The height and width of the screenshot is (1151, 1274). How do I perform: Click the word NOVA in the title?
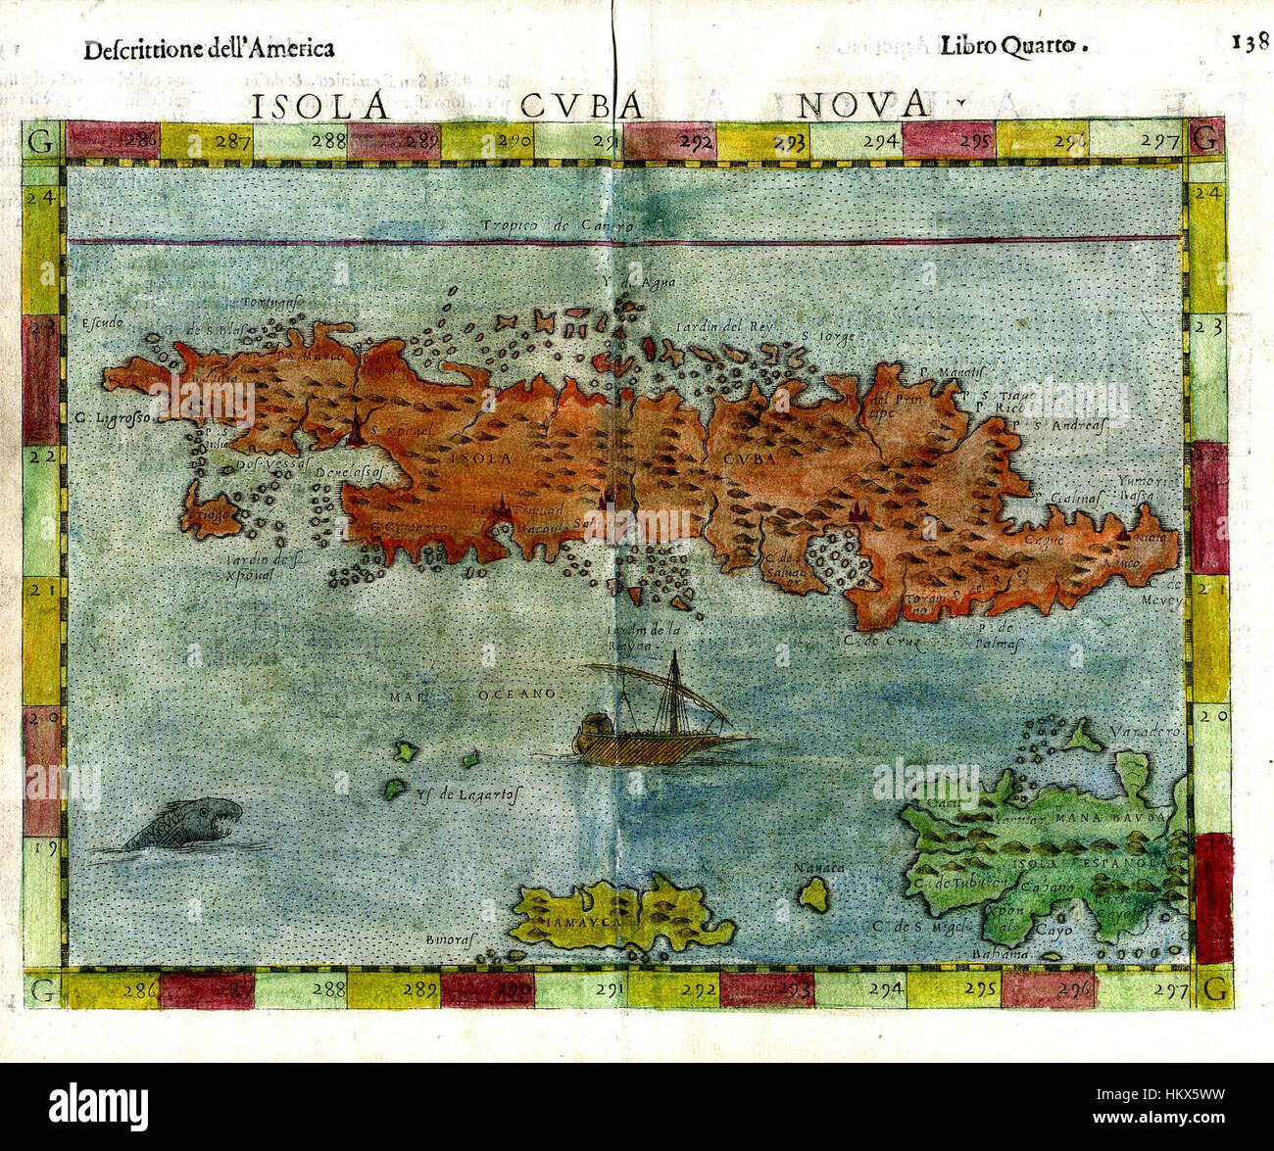click(x=861, y=103)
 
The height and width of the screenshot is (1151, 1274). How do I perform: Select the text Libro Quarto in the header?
click(x=1013, y=45)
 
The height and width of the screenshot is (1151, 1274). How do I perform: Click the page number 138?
click(x=1250, y=42)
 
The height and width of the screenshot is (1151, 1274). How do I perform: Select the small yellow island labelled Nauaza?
click(x=812, y=893)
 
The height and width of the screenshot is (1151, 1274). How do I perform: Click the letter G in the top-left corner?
click(x=41, y=140)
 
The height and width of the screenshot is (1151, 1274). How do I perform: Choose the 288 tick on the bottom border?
click(x=328, y=989)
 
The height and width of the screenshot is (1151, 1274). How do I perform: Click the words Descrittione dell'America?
click(x=209, y=49)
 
